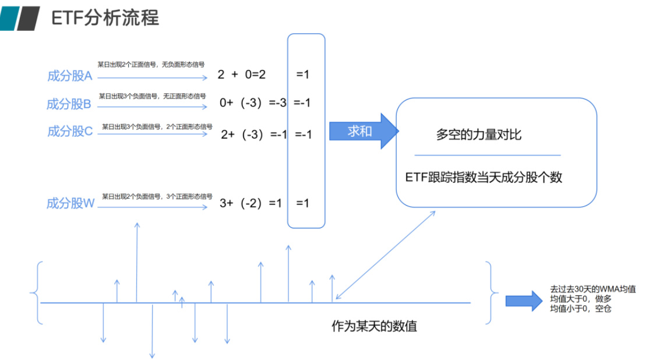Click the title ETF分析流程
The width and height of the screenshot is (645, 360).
pos(105,18)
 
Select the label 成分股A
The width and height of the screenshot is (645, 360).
pos(70,76)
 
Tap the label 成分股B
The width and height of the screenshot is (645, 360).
pos(69,104)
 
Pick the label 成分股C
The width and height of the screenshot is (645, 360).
pos(70,132)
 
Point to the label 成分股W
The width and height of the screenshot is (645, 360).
pos(71,203)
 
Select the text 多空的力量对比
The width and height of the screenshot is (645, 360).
pos(478,135)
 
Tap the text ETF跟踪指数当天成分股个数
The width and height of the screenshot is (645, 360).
pos(484,177)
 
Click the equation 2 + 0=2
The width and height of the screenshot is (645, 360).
pos(241,75)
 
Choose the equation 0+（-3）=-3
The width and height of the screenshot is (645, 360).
pos(253,103)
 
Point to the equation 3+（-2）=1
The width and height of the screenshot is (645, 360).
pos(251,203)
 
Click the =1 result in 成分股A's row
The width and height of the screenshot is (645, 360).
pos(302,75)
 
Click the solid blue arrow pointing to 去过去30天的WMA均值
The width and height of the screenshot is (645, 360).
pos(523,301)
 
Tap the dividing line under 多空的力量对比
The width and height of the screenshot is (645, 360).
pos(487,156)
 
